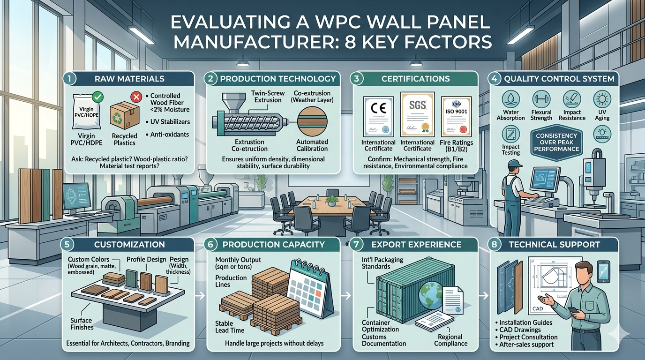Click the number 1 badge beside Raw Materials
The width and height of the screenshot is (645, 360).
click(x=69, y=79)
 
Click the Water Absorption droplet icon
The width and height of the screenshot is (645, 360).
click(x=510, y=99)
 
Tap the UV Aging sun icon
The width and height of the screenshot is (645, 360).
click(x=602, y=99)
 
